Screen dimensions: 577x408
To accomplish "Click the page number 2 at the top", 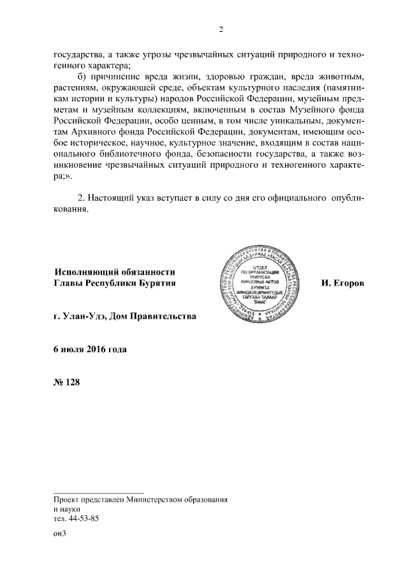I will [x=220, y=29].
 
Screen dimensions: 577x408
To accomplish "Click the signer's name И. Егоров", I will [x=342, y=282].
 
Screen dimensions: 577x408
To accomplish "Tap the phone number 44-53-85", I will [x=84, y=519].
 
